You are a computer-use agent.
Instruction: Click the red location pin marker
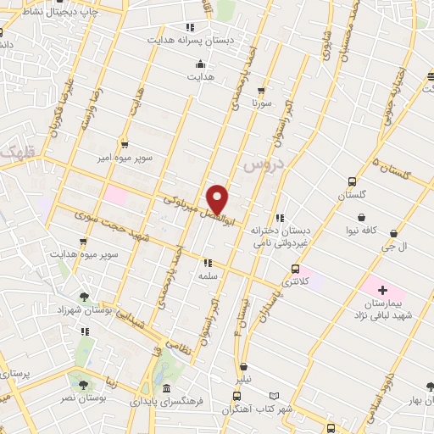pos(218,199)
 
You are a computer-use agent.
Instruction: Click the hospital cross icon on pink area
pos(383,290)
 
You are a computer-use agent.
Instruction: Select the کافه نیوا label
pos(355,231)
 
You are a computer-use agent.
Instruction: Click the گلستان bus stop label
pos(352,196)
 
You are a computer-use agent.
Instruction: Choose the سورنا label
pos(259,105)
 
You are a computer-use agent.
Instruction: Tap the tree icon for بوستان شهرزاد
pos(83,296)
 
